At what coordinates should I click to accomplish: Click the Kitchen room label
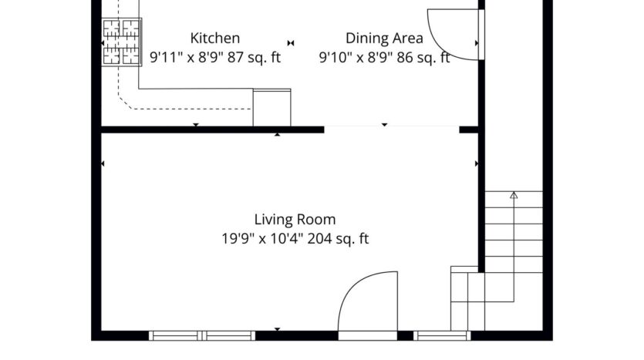pyautogui.click(x=215, y=38)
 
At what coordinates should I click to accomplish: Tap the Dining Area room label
pyautogui.click(x=383, y=38)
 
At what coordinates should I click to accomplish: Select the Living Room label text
pyautogui.click(x=295, y=220)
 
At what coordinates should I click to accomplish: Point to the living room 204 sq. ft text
pyautogui.click(x=339, y=239)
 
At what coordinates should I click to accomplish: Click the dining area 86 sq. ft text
pyautogui.click(x=423, y=58)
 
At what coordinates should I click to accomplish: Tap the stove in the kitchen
pyautogui.click(x=122, y=41)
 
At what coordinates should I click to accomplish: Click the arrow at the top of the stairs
pyautogui.click(x=514, y=198)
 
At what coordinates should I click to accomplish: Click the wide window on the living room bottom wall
pyautogui.click(x=202, y=335)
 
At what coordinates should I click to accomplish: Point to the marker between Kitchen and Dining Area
pyautogui.click(x=291, y=42)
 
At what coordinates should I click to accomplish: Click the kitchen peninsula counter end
pyautogui.click(x=272, y=106)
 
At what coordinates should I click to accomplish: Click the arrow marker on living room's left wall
pyautogui.click(x=103, y=163)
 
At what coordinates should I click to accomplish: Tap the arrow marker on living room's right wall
pyautogui.click(x=477, y=163)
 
